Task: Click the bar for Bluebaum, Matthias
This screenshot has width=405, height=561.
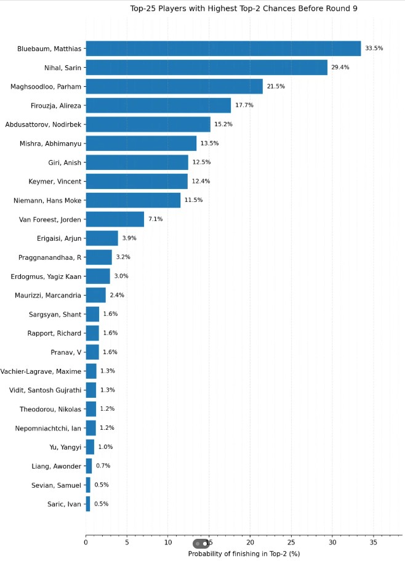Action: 223,48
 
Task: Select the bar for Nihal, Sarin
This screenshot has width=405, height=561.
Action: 206,67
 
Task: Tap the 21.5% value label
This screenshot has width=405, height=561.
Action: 276,86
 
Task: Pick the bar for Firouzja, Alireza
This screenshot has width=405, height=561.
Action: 158,105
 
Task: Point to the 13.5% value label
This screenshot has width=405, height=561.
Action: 210,143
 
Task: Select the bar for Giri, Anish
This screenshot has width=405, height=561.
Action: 137,162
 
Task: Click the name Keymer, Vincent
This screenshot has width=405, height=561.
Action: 55,181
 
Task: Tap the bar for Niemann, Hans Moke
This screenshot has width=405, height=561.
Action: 133,200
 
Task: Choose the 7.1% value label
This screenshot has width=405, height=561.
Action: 155,219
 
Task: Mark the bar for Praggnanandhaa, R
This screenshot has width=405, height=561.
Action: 98,257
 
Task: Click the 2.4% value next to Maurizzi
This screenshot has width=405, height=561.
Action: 117,295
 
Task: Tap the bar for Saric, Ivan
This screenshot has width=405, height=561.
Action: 88,504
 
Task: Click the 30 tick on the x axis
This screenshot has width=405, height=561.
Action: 332,543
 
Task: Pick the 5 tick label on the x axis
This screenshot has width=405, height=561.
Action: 127,543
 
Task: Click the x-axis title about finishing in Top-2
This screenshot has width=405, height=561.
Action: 244,554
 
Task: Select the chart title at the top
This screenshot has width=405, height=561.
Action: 244,9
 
